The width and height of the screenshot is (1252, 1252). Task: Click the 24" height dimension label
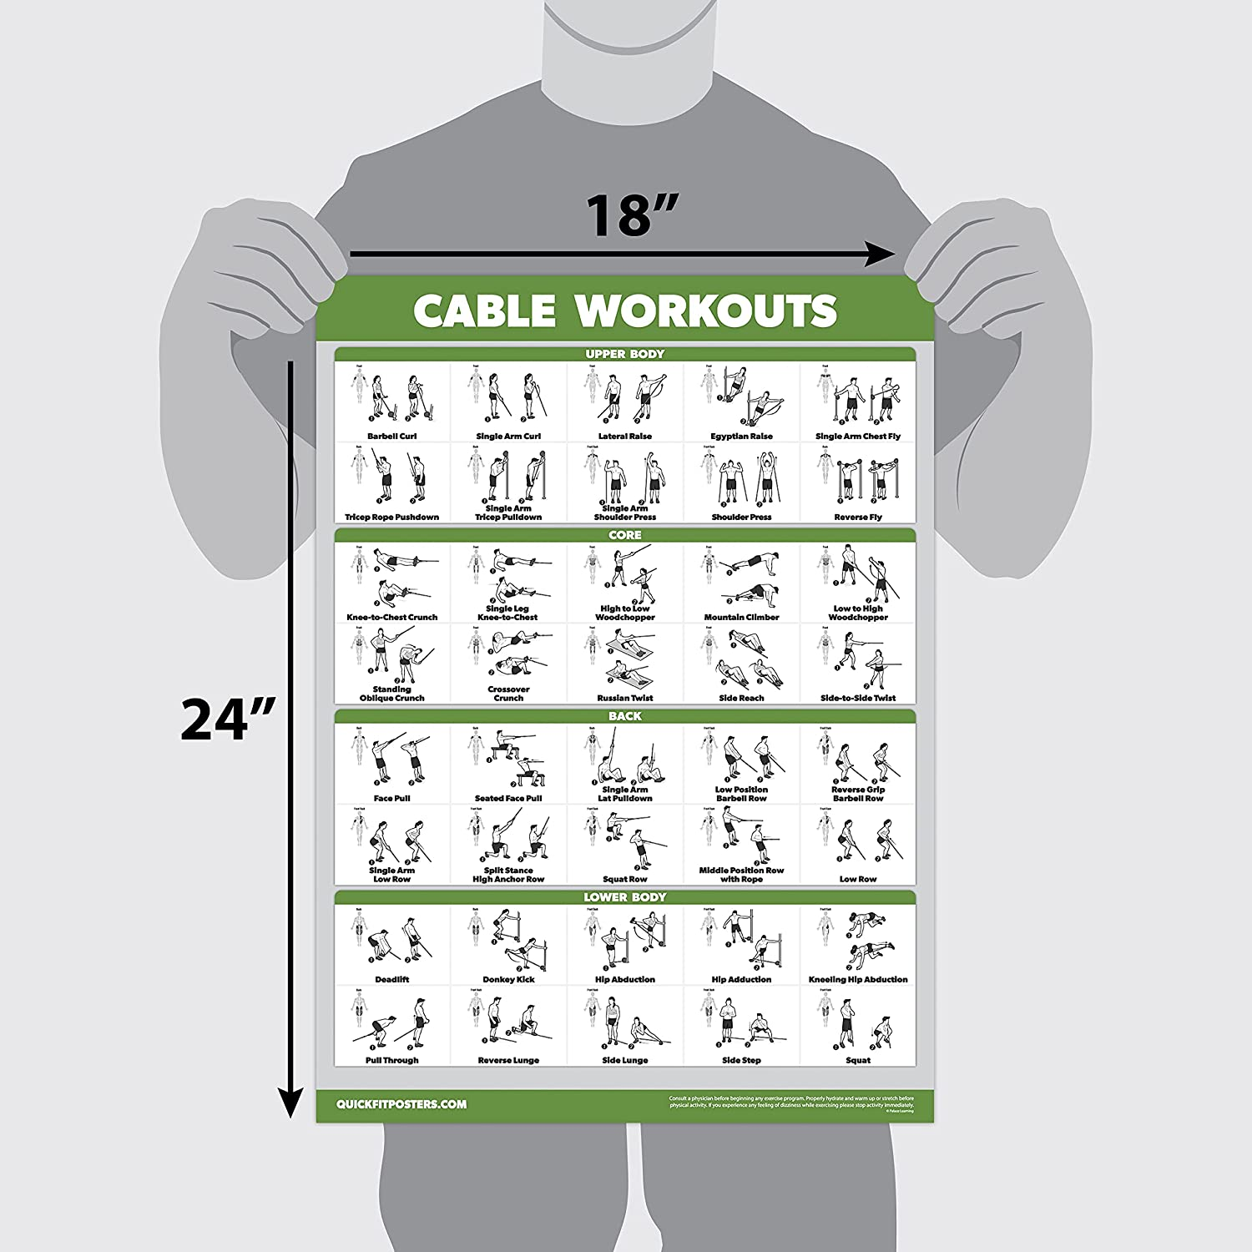pyautogui.click(x=228, y=719)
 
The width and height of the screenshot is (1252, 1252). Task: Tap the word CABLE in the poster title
pyautogui.click(x=484, y=310)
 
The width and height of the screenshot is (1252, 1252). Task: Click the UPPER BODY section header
pyautogui.click(x=624, y=354)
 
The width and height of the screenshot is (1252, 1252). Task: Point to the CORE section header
pyautogui.click(x=624, y=535)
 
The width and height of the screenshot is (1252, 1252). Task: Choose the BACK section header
pyautogui.click(x=624, y=716)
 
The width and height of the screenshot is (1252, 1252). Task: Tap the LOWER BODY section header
pyautogui.click(x=624, y=897)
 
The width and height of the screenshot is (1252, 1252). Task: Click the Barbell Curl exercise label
pyautogui.click(x=391, y=437)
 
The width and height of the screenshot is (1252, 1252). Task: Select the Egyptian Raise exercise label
pyautogui.click(x=741, y=437)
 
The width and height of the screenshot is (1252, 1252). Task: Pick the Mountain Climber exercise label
pyautogui.click(x=741, y=618)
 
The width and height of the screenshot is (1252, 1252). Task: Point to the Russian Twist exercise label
pyautogui.click(x=624, y=698)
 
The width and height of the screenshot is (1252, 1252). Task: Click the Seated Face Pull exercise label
pyautogui.click(x=508, y=799)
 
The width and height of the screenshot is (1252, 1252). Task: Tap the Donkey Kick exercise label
pyautogui.click(x=508, y=980)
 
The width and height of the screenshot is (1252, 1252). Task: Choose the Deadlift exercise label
pyautogui.click(x=391, y=980)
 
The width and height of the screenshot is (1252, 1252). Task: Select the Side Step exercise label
pyautogui.click(x=741, y=1061)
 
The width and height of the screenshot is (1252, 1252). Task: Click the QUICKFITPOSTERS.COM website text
pyautogui.click(x=401, y=1104)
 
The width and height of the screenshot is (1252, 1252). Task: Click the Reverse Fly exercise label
pyautogui.click(x=858, y=517)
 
